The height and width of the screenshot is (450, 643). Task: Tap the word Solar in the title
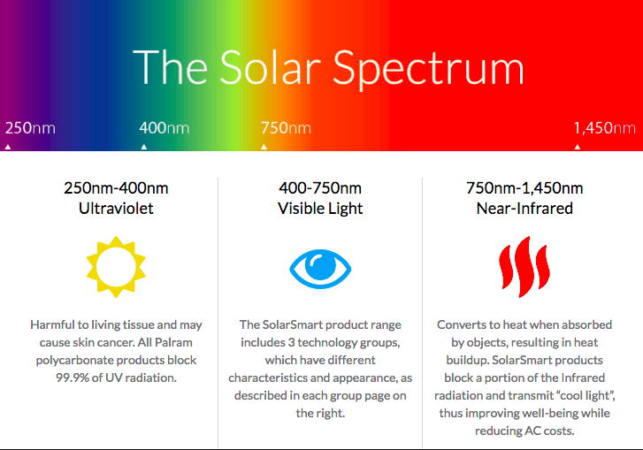point(271,67)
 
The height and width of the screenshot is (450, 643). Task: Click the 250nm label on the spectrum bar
point(30,128)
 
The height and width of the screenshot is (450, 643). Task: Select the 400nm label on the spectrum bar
point(164,128)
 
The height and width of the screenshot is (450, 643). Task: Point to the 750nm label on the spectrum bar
point(286,128)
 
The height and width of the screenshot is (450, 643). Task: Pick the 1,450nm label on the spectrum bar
point(604,128)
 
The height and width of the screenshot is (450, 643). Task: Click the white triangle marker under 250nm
point(8,147)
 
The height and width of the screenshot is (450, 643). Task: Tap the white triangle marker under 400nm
point(144,147)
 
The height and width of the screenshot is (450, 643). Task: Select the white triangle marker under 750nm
point(264,147)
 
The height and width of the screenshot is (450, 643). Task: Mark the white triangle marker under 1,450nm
point(578,147)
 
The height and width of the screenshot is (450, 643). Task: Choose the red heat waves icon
point(524,267)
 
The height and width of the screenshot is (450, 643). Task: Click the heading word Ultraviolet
point(116,209)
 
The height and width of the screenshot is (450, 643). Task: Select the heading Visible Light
point(320,209)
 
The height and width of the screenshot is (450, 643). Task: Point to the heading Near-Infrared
point(524,209)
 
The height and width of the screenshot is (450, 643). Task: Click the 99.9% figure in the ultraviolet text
point(73,378)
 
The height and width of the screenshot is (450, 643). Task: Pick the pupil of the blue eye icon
point(320,265)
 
